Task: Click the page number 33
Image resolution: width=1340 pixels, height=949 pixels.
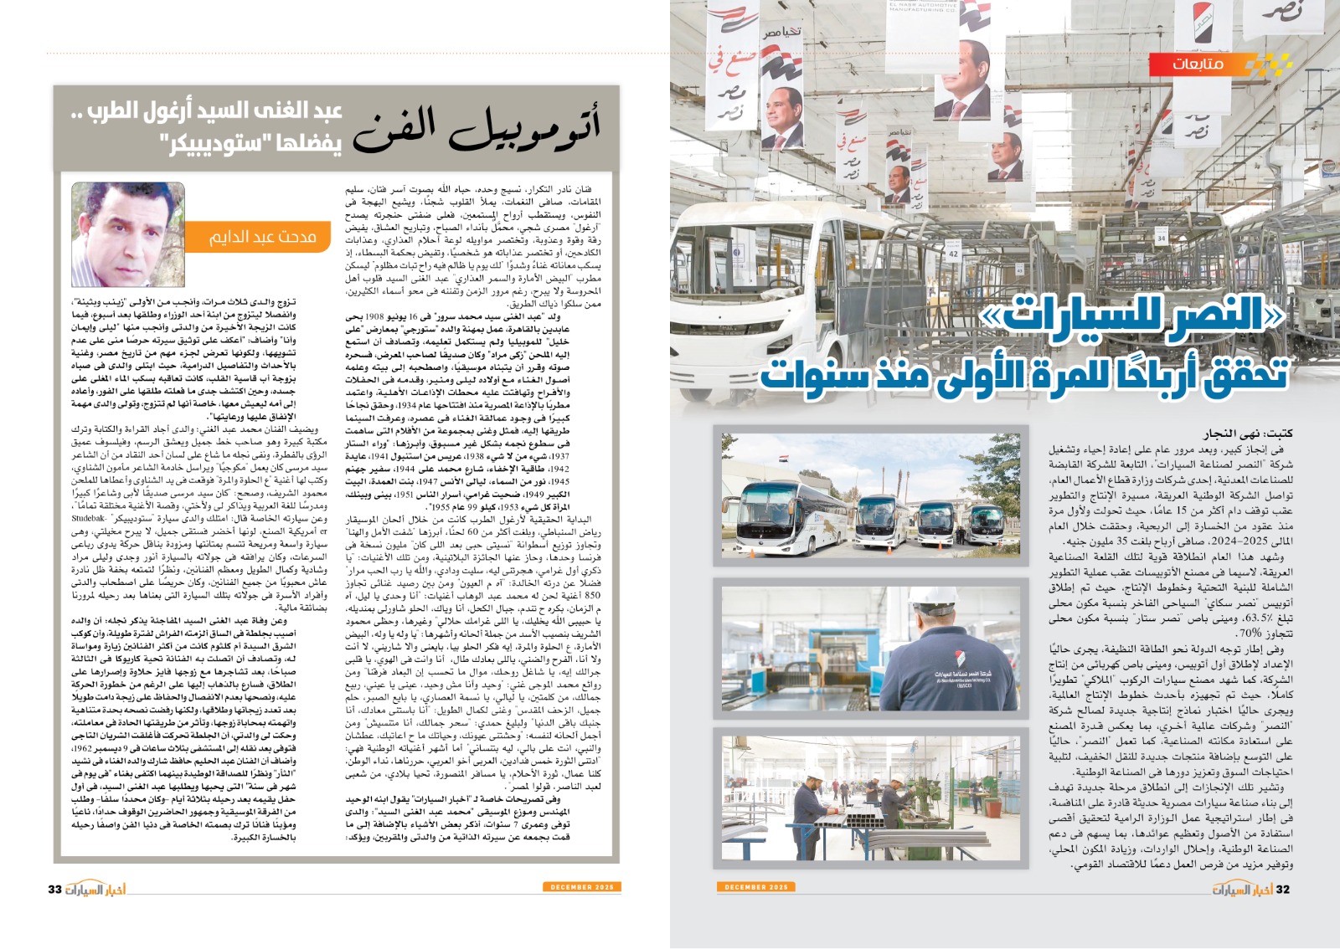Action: tap(55, 889)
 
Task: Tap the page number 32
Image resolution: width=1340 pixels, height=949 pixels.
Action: tap(1282, 889)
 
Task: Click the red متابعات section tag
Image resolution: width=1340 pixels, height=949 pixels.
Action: tap(1198, 64)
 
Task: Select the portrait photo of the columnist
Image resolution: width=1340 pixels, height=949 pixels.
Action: tap(128, 235)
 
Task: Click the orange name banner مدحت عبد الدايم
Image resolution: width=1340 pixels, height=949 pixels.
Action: tap(262, 239)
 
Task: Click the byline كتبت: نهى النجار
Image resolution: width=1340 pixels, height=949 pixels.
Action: tap(1248, 433)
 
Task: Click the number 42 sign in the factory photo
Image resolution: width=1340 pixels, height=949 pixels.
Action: tap(953, 253)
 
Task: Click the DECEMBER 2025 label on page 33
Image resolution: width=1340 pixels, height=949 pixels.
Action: tap(582, 887)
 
